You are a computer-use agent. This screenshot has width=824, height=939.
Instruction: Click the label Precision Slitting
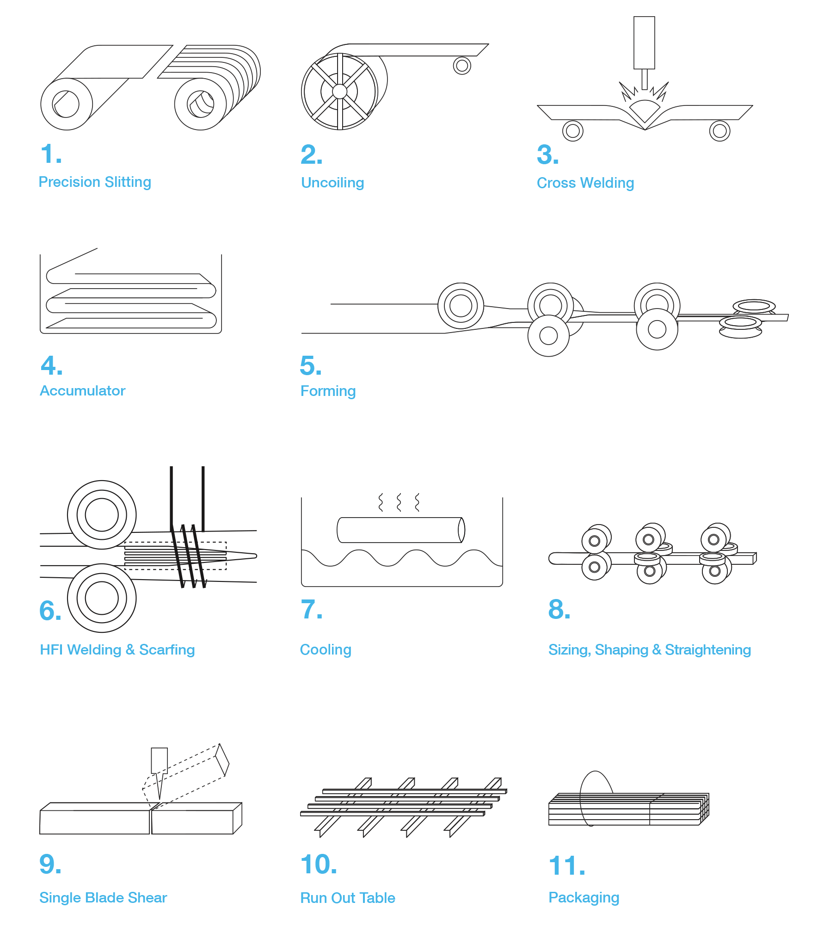point(95,182)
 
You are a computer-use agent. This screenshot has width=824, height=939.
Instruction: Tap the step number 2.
point(311,154)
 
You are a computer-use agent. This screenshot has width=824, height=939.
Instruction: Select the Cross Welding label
point(585,183)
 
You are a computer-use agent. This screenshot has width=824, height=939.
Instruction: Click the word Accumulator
point(83,391)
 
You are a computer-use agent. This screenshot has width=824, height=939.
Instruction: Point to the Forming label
point(328,391)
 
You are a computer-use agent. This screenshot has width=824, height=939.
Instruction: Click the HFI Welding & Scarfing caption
point(117,650)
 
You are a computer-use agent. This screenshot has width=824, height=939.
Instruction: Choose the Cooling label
point(326,650)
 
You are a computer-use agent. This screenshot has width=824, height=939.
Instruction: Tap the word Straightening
point(708,650)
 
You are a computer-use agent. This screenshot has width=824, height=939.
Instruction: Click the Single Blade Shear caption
point(103,898)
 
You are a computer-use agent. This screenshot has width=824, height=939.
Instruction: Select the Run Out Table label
point(348,898)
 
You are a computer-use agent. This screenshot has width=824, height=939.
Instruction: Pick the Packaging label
point(584,898)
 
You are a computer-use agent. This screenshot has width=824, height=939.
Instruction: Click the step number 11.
point(567,866)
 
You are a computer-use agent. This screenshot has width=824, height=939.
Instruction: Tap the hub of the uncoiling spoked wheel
point(339,92)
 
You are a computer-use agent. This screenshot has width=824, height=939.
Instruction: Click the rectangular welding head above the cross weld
point(644,43)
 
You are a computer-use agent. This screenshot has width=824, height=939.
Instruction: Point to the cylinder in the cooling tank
point(401,530)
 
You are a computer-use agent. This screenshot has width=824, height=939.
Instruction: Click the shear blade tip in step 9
point(160,799)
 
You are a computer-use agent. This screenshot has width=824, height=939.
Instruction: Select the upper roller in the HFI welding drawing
point(102,515)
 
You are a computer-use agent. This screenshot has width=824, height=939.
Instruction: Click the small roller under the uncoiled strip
point(462,66)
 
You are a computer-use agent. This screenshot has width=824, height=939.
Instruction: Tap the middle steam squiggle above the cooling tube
point(399,502)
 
